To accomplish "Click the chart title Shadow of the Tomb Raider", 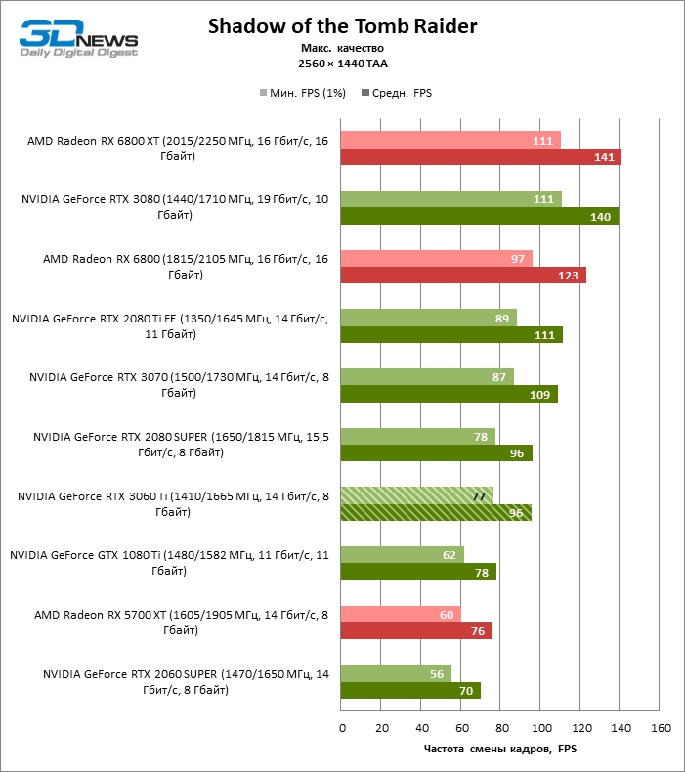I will [x=342, y=26].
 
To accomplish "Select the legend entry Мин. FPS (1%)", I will [x=302, y=94].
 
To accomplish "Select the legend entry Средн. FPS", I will [x=397, y=94].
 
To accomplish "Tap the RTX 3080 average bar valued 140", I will [x=480, y=216].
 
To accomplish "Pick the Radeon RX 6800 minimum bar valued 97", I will [x=437, y=258].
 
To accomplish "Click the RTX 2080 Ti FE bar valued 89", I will [x=428, y=318].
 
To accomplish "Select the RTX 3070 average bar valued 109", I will [x=450, y=395].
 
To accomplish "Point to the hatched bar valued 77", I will [x=417, y=495].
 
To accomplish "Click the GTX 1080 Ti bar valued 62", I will [x=403, y=555].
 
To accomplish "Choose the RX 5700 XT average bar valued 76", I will [x=416, y=631].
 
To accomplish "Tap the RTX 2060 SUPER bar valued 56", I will [x=396, y=673].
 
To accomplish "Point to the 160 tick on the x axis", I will [x=661, y=728].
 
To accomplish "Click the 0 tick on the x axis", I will [x=342, y=728].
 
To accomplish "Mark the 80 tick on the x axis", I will [x=501, y=728].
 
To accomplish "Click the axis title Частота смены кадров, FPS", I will [x=501, y=750].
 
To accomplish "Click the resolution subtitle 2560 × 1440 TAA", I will [x=342, y=64].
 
